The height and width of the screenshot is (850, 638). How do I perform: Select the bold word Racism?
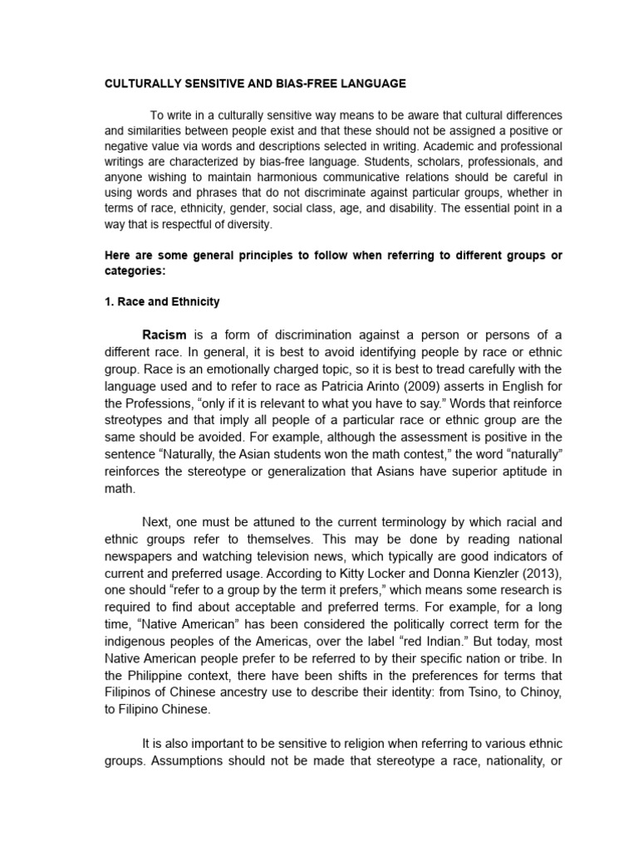pyautogui.click(x=164, y=335)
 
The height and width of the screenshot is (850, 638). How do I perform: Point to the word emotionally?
pyautogui.click(x=253, y=369)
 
